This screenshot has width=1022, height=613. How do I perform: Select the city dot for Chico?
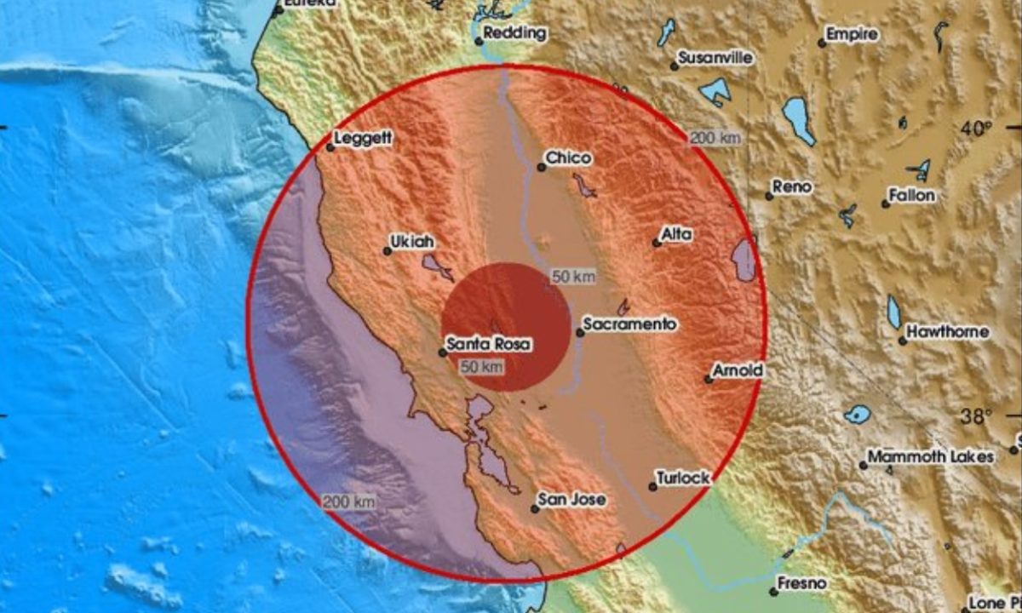coord(541,168)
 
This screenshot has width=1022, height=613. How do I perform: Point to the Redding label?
coord(515,34)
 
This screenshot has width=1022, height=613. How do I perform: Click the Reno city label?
coord(792,186)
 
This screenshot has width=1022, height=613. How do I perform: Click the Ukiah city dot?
coord(387,251)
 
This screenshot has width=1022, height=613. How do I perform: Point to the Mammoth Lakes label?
coord(931,457)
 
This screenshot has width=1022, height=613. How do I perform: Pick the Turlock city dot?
coord(652,487)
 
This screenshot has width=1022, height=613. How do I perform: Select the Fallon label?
coord(911,196)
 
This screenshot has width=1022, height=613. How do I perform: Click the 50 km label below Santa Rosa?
coord(481,367)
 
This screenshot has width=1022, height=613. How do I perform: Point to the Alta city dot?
coord(657,243)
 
